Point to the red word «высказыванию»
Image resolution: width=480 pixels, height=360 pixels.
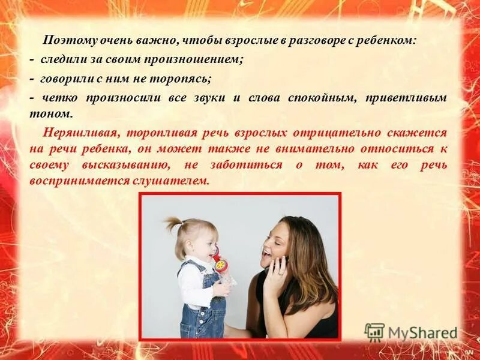[x=130, y=165]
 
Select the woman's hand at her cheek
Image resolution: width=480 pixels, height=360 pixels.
[x=277, y=273]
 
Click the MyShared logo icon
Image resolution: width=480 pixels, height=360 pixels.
[x=374, y=332]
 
